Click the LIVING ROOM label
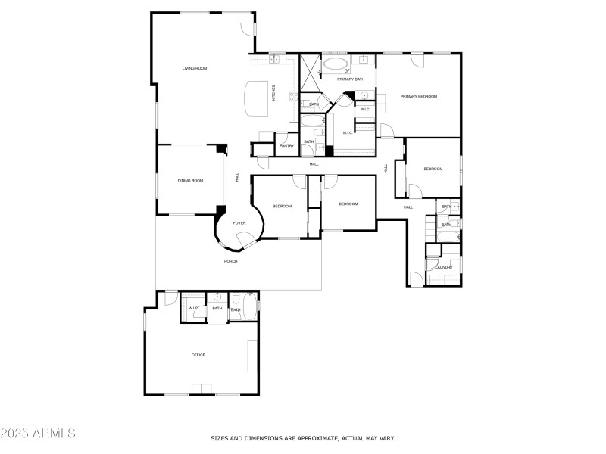195,68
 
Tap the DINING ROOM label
190,181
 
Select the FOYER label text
239,222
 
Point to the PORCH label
230,261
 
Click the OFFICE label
198,354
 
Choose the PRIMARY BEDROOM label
419,96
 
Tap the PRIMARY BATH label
351,79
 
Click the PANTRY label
286,145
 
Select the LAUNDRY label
443,267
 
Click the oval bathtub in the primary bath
336,64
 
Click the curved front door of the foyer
248,241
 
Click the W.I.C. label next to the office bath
192,308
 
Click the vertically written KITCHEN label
273,93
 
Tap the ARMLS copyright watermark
38,434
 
